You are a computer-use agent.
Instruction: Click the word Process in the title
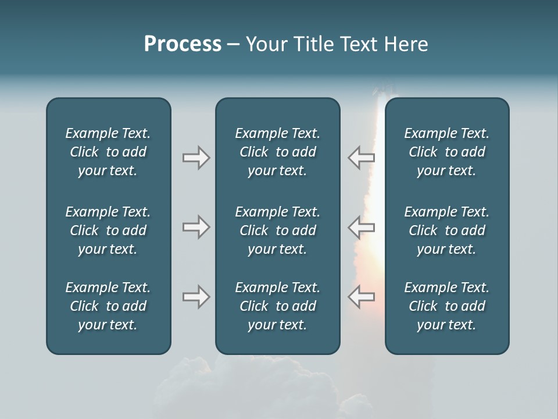[183, 44]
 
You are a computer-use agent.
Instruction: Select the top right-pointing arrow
[196, 158]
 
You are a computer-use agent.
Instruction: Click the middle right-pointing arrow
[196, 227]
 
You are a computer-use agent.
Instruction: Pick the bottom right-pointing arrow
[196, 297]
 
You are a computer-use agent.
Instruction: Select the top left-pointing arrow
[361, 158]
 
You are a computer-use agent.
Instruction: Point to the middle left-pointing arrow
[361, 227]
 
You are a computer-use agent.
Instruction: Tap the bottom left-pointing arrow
[361, 297]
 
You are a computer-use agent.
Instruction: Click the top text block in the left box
[108, 152]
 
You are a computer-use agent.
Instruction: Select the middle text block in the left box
[108, 230]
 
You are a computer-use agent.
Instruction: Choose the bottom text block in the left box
[108, 306]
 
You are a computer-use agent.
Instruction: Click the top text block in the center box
[277, 152]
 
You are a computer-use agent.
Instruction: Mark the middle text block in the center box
[277, 230]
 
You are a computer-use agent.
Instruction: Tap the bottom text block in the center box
[277, 306]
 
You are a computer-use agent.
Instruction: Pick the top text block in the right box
[447, 152]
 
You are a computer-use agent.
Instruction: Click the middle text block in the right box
[447, 230]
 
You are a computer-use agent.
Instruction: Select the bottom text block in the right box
[447, 306]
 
